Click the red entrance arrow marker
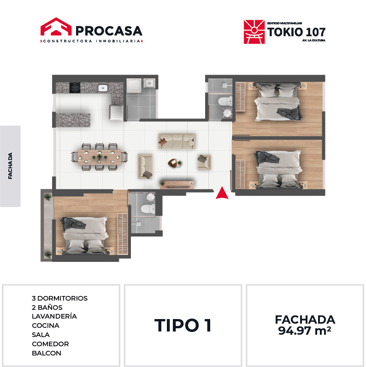[x=222, y=193]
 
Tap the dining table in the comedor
[x=100, y=157]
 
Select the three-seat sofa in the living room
[x=177, y=141]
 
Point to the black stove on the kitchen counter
[x=75, y=88]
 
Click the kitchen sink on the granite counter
[x=103, y=88]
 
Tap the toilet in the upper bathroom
[x=225, y=101]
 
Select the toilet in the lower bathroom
[x=148, y=208]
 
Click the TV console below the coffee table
[x=177, y=184]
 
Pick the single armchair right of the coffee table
[x=204, y=162]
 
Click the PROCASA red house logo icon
[x=56, y=26]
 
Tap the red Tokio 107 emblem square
[x=254, y=32]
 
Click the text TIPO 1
[x=183, y=326]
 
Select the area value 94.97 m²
[x=305, y=331]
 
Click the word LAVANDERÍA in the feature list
[x=54, y=316]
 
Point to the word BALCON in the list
[x=47, y=353]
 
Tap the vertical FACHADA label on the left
[x=10, y=166]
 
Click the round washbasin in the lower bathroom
[x=150, y=197]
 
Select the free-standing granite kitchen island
[x=73, y=119]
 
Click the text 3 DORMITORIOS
[x=59, y=298]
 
